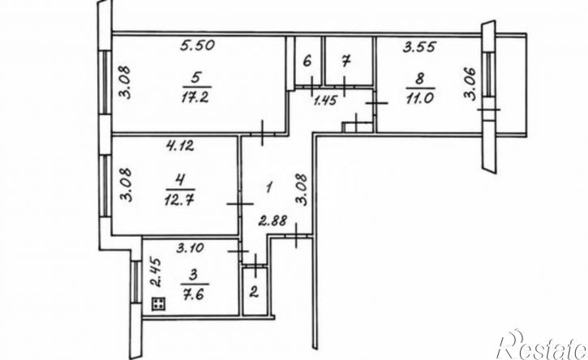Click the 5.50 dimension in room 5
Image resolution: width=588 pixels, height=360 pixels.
pyautogui.click(x=197, y=45)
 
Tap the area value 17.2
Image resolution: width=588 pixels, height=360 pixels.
pyautogui.click(x=195, y=98)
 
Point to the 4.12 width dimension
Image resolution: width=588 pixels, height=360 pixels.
pyautogui.click(x=180, y=145)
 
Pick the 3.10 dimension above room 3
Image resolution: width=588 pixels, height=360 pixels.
pyautogui.click(x=191, y=248)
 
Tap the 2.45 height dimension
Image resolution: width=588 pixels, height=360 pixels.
pyautogui.click(x=157, y=272)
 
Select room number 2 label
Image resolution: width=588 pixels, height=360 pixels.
pyautogui.click(x=254, y=292)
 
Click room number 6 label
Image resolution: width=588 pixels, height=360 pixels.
pyautogui.click(x=307, y=60)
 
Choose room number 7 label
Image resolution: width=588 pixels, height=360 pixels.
pyautogui.click(x=346, y=60)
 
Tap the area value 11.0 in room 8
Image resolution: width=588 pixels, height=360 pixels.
pyautogui.click(x=419, y=98)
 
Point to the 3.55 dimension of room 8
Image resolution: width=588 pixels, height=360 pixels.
pyautogui.click(x=419, y=47)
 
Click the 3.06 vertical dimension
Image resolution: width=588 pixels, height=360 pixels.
pyautogui.click(x=470, y=84)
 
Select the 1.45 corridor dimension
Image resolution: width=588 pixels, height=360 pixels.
pyautogui.click(x=325, y=101)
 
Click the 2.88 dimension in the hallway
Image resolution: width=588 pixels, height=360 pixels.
pyautogui.click(x=273, y=221)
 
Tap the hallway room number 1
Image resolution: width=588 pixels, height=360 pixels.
pyautogui.click(x=268, y=187)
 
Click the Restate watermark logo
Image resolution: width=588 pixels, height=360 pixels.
pyautogui.click(x=542, y=345)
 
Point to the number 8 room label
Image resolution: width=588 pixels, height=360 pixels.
pyautogui.click(x=419, y=79)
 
